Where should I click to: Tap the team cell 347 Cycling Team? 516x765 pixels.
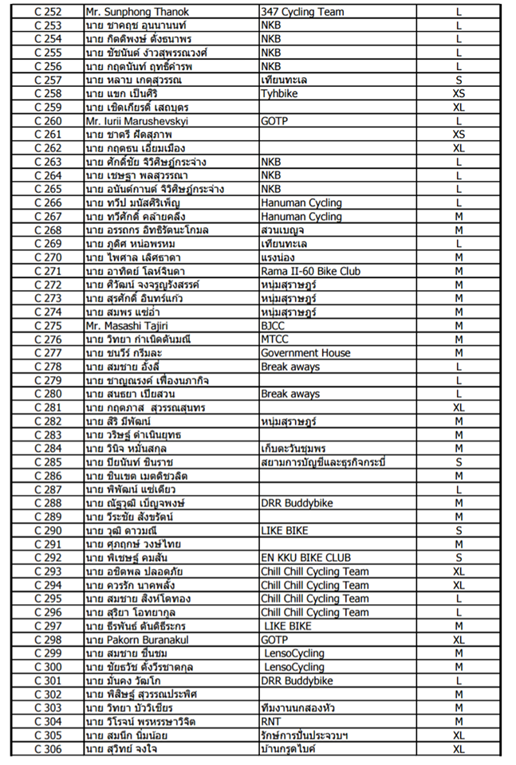(x=302, y=12)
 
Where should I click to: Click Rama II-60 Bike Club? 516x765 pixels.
(x=310, y=272)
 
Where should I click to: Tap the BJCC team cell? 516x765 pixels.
(x=274, y=326)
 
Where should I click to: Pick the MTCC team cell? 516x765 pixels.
(x=275, y=339)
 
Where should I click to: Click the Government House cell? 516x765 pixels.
(x=305, y=353)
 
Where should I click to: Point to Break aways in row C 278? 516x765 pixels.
(x=290, y=367)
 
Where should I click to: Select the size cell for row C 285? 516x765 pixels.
(x=459, y=462)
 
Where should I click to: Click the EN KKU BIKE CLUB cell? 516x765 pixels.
(x=305, y=558)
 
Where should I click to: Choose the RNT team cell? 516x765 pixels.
(x=272, y=721)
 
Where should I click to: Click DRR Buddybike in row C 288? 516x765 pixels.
(x=297, y=504)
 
